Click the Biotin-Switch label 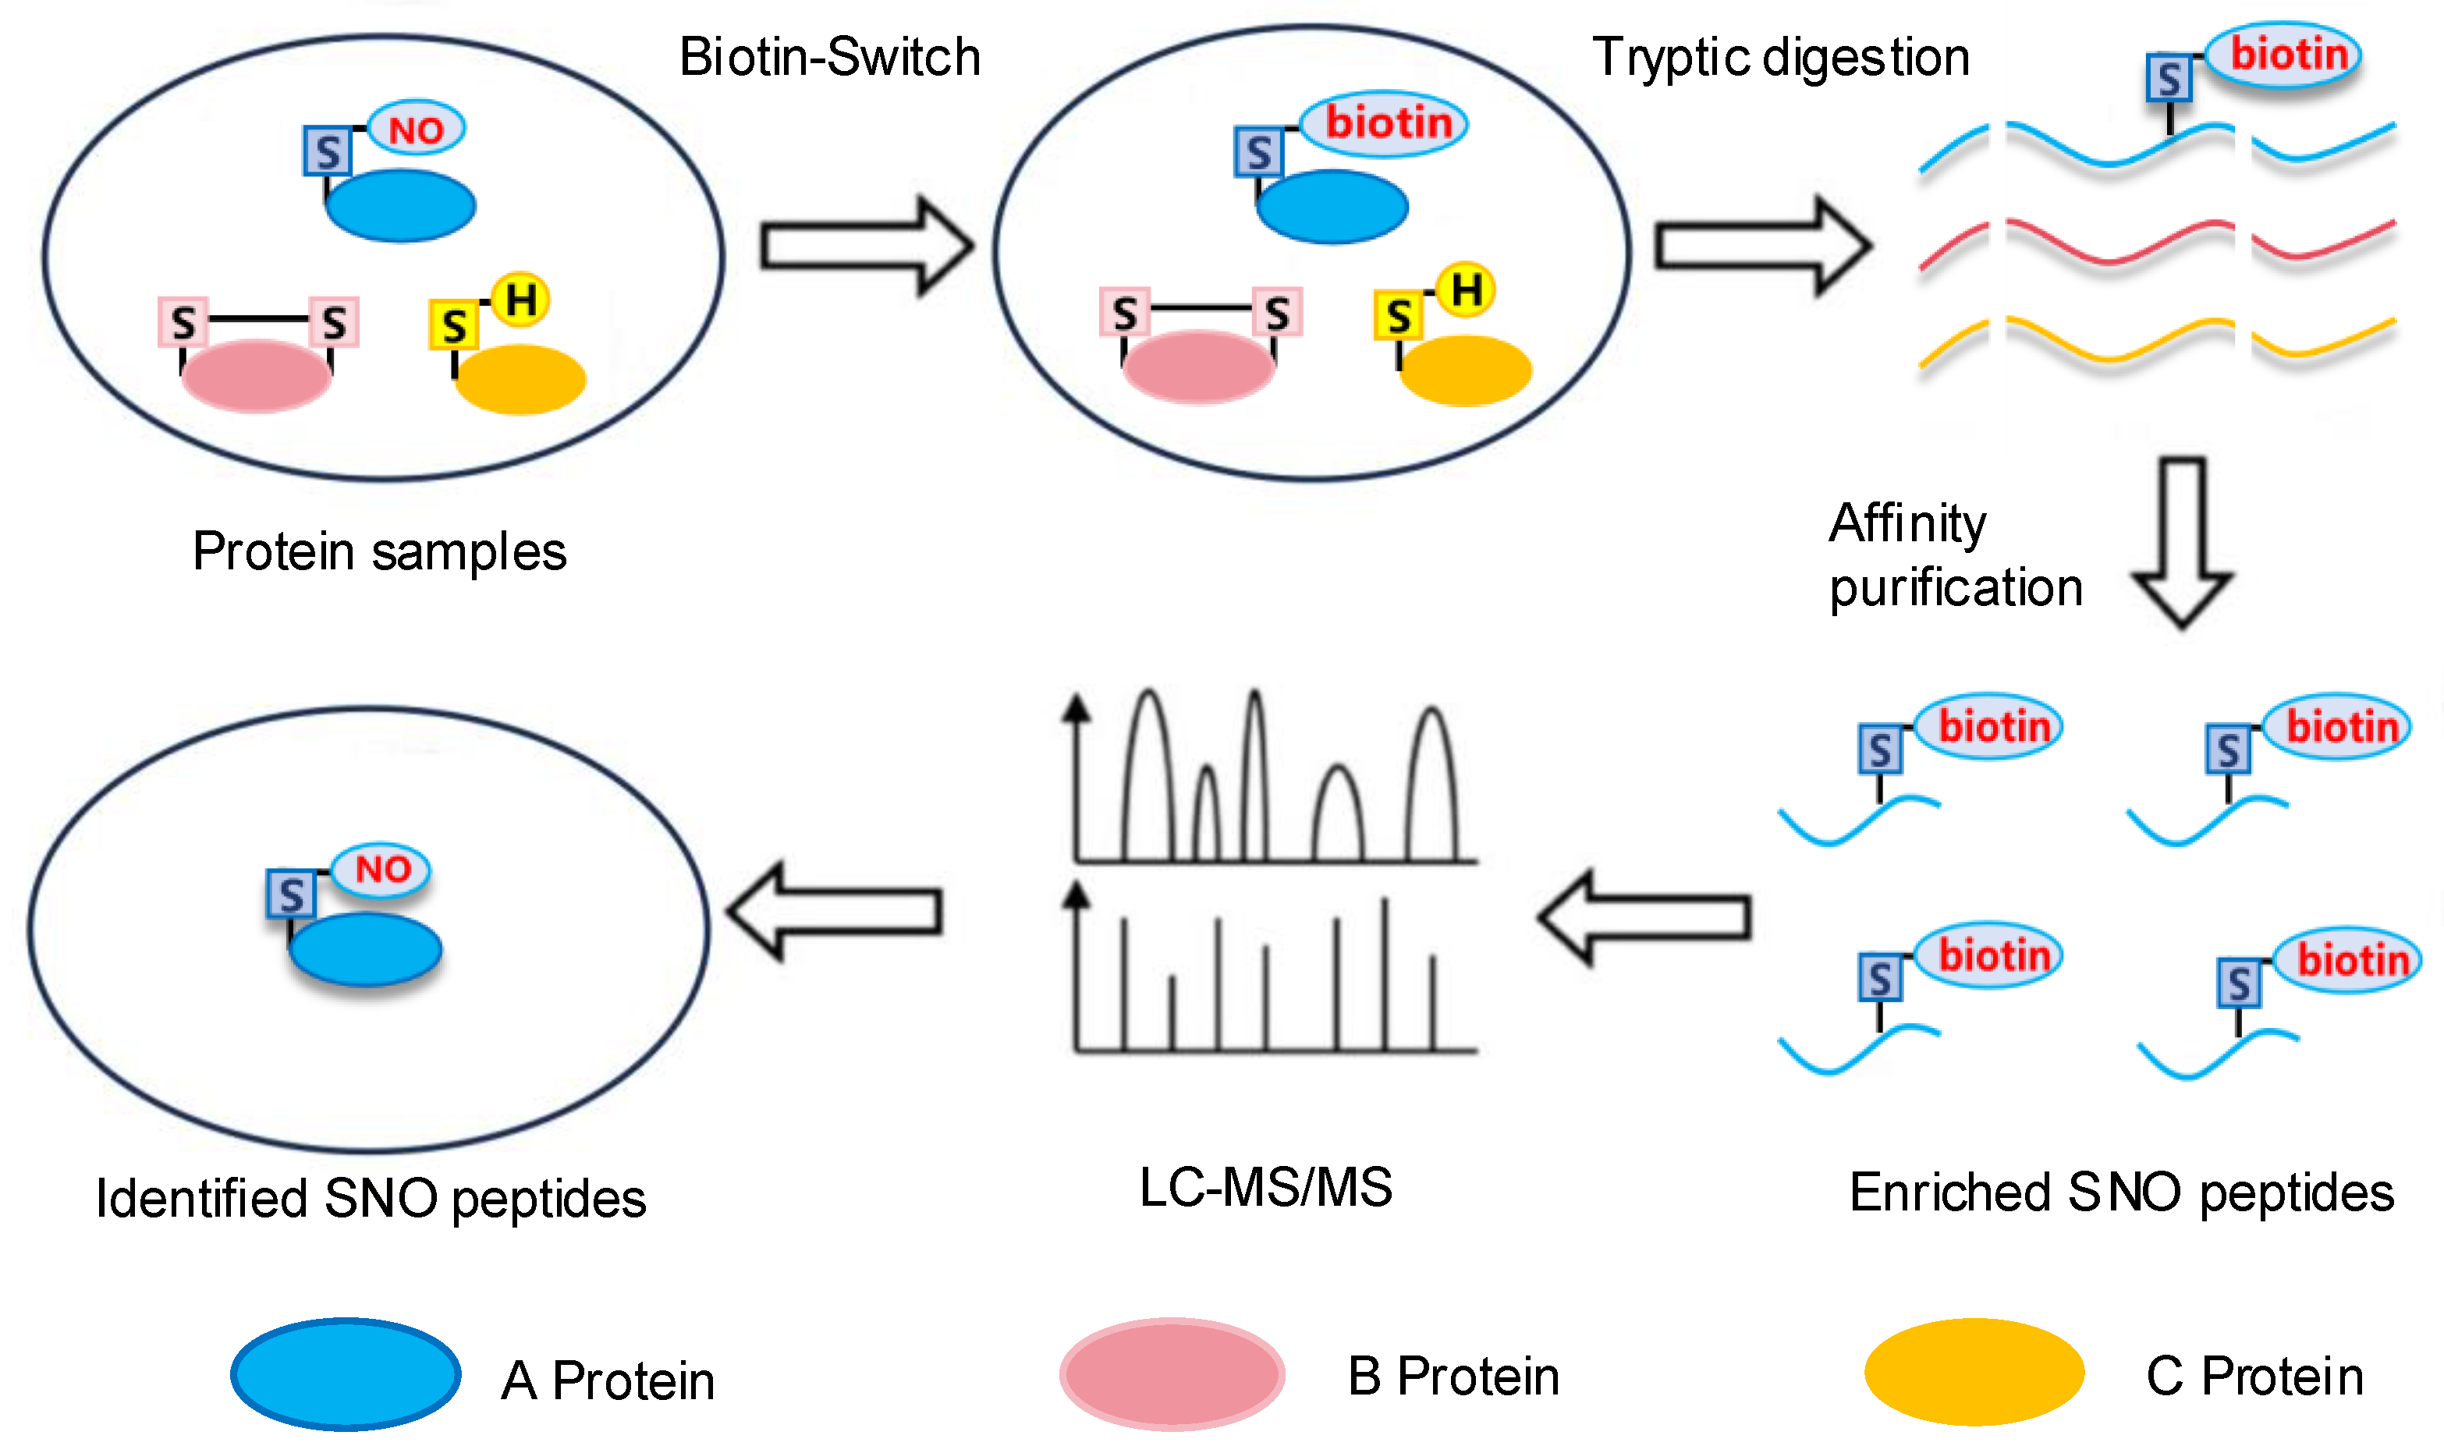click(x=829, y=57)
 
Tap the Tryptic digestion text click(x=1780, y=57)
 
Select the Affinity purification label click(x=1954, y=555)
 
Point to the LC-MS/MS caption click(x=1265, y=1187)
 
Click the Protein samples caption click(x=379, y=551)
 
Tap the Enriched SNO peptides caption click(x=2121, y=1193)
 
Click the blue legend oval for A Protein click(x=346, y=1373)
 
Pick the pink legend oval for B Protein click(x=1171, y=1373)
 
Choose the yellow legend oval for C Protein click(x=1973, y=1372)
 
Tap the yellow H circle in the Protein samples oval click(x=520, y=299)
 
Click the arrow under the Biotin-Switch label click(x=866, y=246)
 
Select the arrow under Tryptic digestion click(x=1761, y=246)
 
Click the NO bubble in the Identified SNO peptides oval click(x=382, y=869)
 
